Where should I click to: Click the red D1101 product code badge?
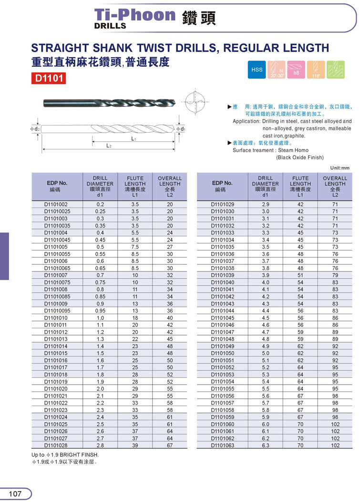48,78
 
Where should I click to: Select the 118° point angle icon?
316,70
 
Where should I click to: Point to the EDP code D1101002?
56,204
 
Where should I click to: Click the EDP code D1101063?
223,445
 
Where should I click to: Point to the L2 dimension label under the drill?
108,146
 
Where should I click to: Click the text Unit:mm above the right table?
339,168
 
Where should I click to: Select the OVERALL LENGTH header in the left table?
170,187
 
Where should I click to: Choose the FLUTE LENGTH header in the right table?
300,187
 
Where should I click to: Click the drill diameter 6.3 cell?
265,445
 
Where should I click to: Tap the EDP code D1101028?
56,445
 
